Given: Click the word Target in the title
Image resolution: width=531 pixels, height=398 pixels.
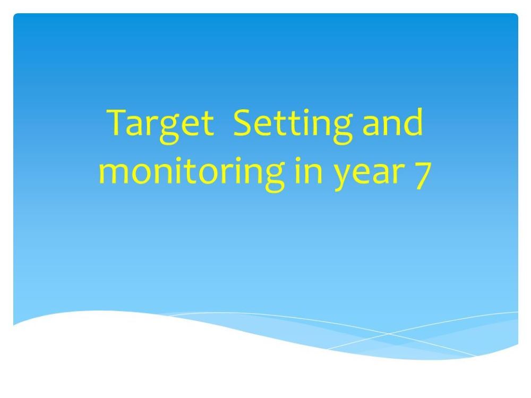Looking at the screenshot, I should pyautogui.click(x=161, y=123).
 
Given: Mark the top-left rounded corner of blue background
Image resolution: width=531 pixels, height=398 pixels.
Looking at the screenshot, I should pyautogui.click(x=16, y=16).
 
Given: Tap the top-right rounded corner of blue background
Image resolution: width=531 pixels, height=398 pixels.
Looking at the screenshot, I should pyautogui.click(x=515, y=16).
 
